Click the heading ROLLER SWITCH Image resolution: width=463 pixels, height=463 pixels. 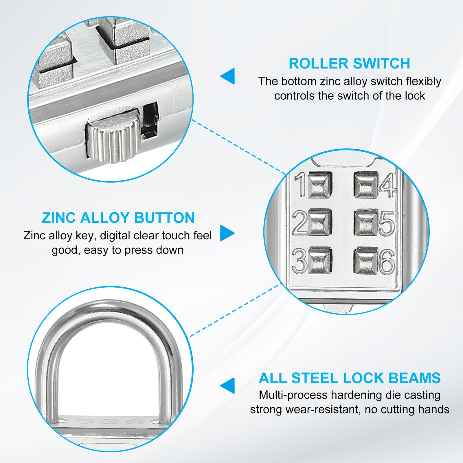click(349, 63)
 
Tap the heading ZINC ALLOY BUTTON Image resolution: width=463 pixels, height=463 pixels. click(118, 218)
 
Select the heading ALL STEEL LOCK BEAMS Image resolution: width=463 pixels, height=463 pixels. click(350, 378)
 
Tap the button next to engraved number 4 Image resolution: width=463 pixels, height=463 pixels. click(366, 185)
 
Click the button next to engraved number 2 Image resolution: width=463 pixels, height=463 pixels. click(319, 222)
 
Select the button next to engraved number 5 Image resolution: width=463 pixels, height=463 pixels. click(366, 222)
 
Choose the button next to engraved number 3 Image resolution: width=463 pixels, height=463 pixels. click(319, 260)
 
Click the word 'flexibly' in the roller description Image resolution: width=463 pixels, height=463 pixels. click(423, 82)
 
